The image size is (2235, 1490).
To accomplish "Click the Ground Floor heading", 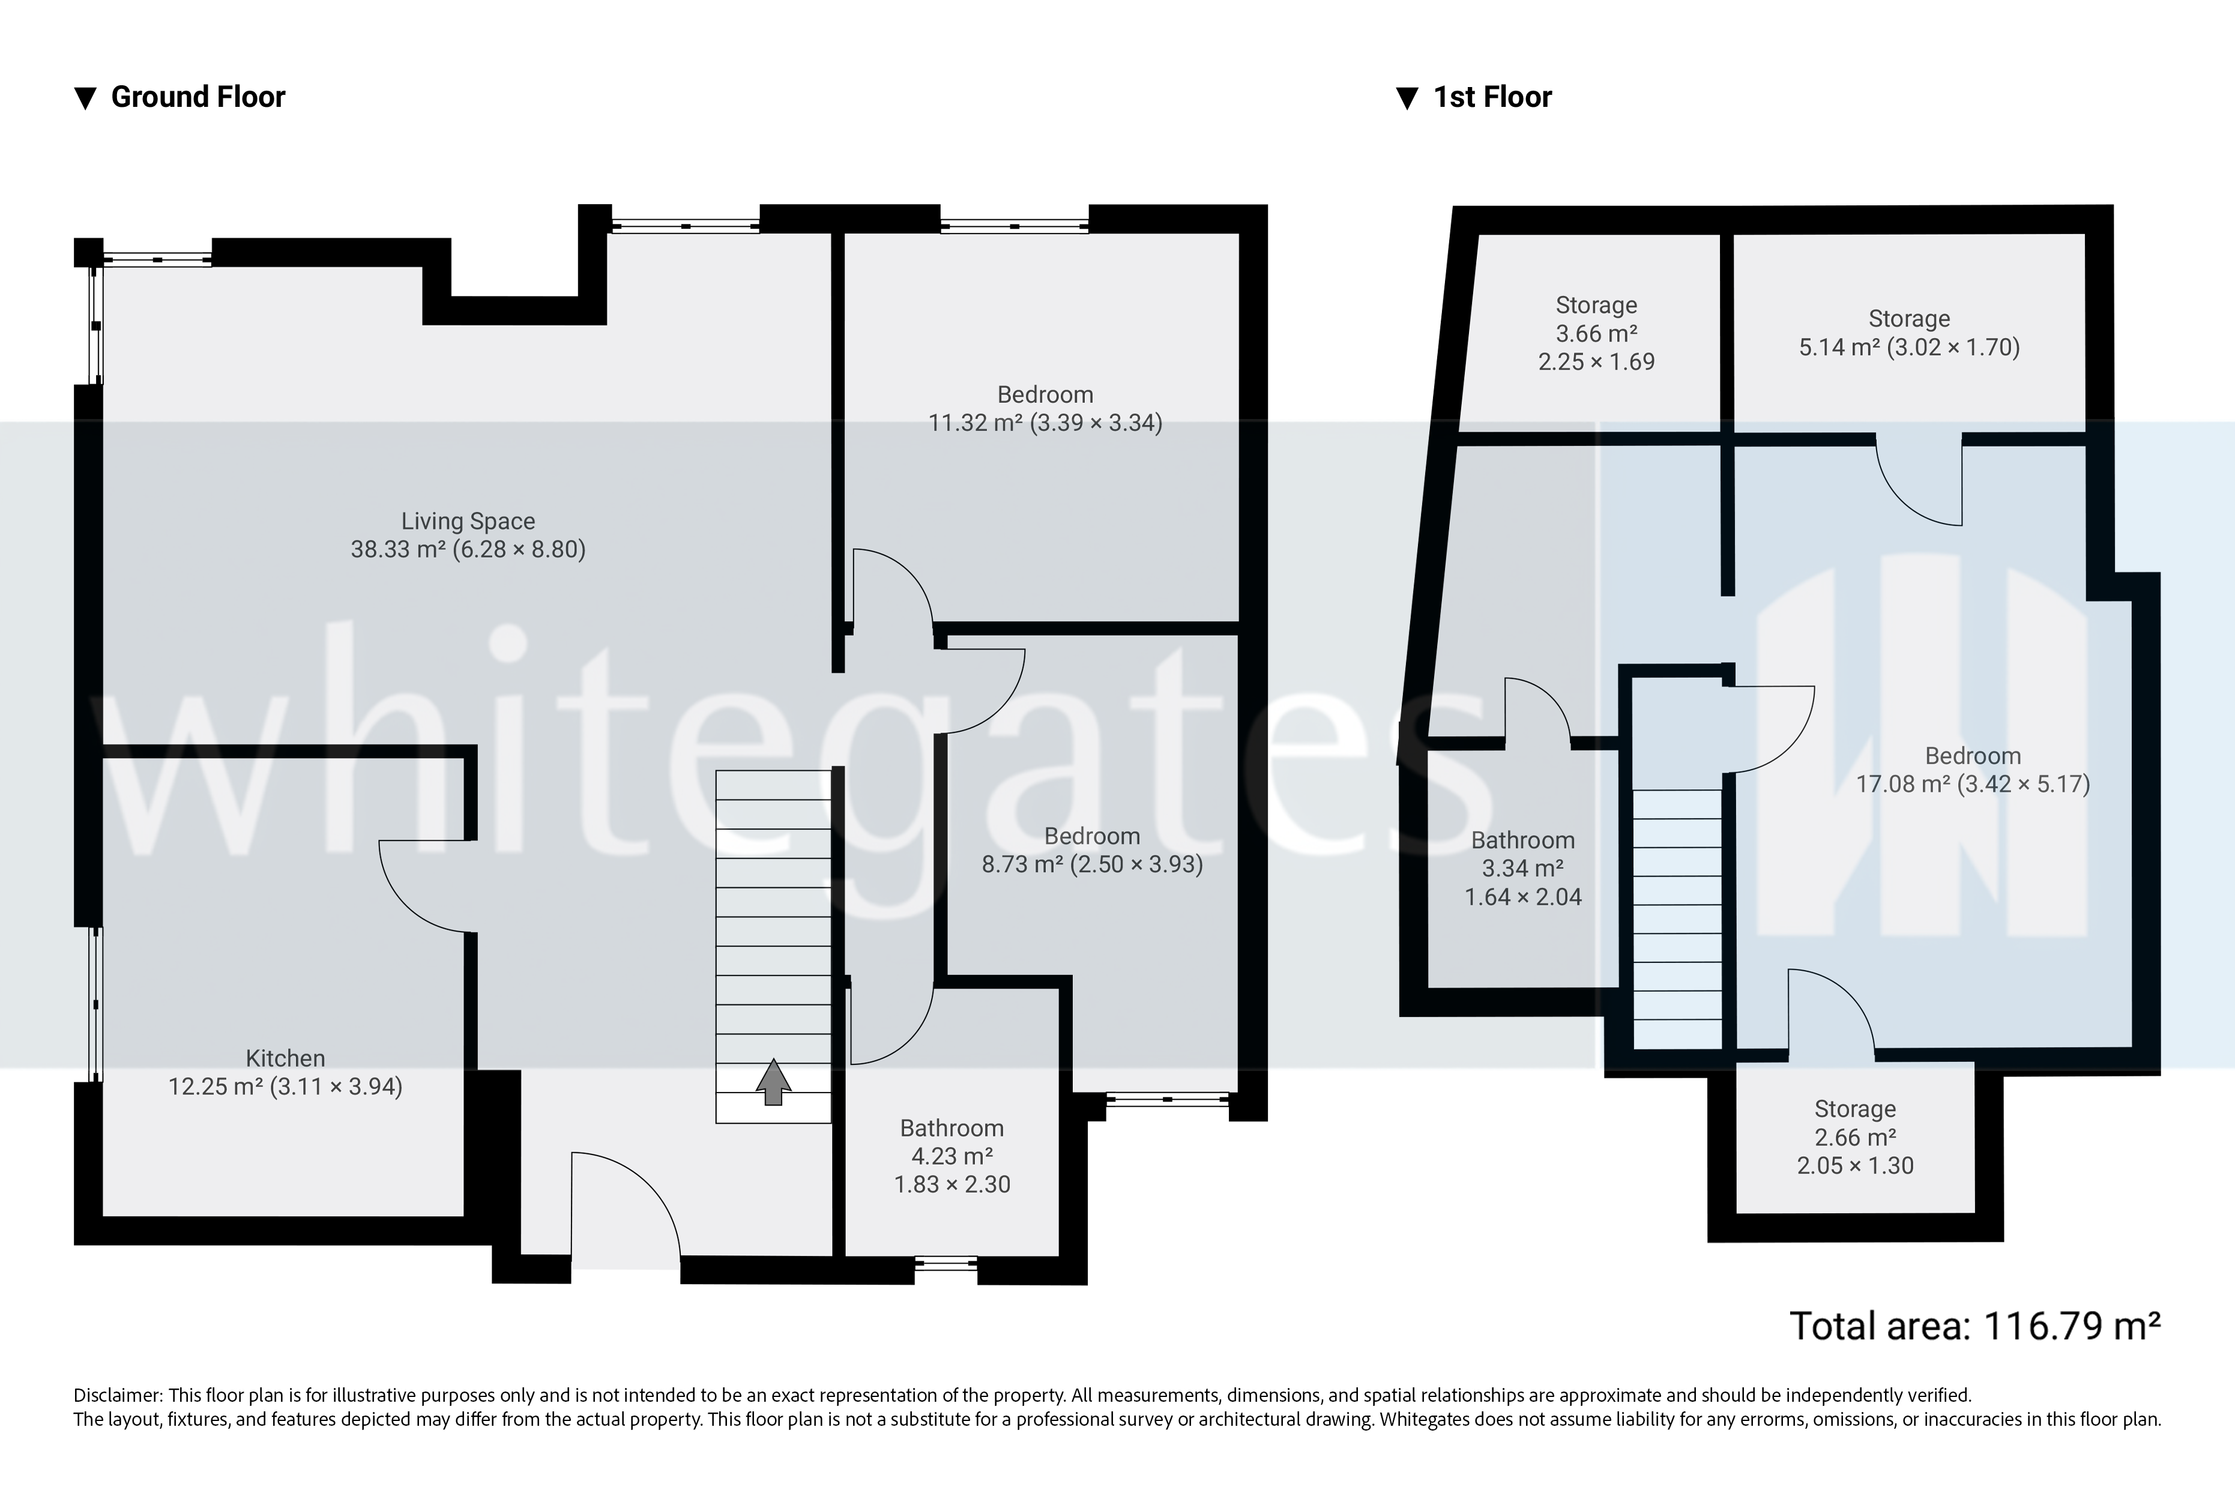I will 197,97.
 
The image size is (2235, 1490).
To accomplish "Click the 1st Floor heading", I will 1491,97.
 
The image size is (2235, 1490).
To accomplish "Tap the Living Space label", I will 468,520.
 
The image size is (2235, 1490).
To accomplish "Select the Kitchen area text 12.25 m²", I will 285,1086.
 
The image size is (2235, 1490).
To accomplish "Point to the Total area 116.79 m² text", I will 1974,1326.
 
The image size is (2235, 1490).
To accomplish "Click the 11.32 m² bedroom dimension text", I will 1045,423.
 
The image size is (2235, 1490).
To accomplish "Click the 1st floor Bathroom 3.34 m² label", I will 1522,867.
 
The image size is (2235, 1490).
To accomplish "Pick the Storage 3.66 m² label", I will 1596,333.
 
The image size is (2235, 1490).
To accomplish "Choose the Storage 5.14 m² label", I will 1908,333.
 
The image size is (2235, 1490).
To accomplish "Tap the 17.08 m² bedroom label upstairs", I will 1972,770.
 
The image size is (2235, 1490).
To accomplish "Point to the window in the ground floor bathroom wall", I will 946,1263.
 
